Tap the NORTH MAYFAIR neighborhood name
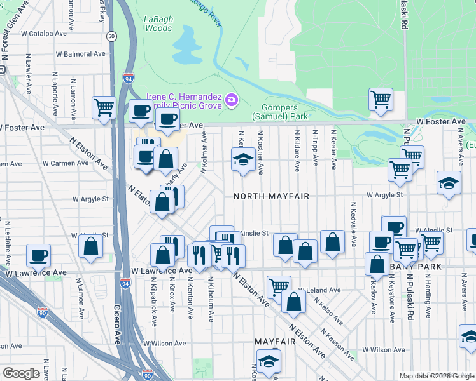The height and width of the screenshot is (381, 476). point(271,196)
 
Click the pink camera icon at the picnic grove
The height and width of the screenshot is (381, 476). point(232,100)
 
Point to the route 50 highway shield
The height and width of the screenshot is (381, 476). point(111,37)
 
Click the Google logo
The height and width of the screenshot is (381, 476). point(22,373)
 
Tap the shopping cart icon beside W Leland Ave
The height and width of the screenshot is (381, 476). point(278,286)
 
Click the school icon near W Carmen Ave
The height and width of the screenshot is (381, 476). point(242,159)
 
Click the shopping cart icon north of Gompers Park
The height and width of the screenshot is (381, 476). point(381,98)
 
